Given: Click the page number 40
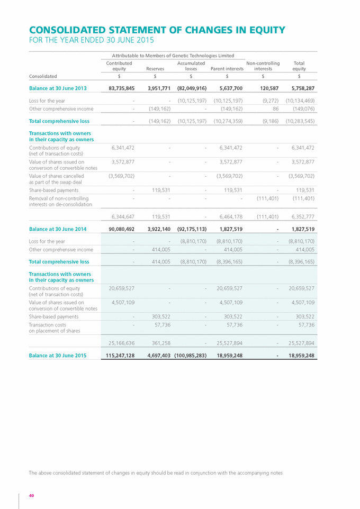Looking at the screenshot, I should [x=32, y=495].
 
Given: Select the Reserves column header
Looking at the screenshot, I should [x=155, y=68].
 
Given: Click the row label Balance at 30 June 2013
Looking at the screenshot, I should [x=58, y=88].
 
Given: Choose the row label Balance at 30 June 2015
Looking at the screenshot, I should [x=58, y=356].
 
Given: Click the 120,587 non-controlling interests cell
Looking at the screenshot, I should [x=268, y=88].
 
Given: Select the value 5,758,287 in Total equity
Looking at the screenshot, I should [x=302, y=88].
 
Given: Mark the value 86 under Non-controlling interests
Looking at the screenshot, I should [x=275, y=109].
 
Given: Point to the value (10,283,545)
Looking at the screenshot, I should [x=300, y=121].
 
